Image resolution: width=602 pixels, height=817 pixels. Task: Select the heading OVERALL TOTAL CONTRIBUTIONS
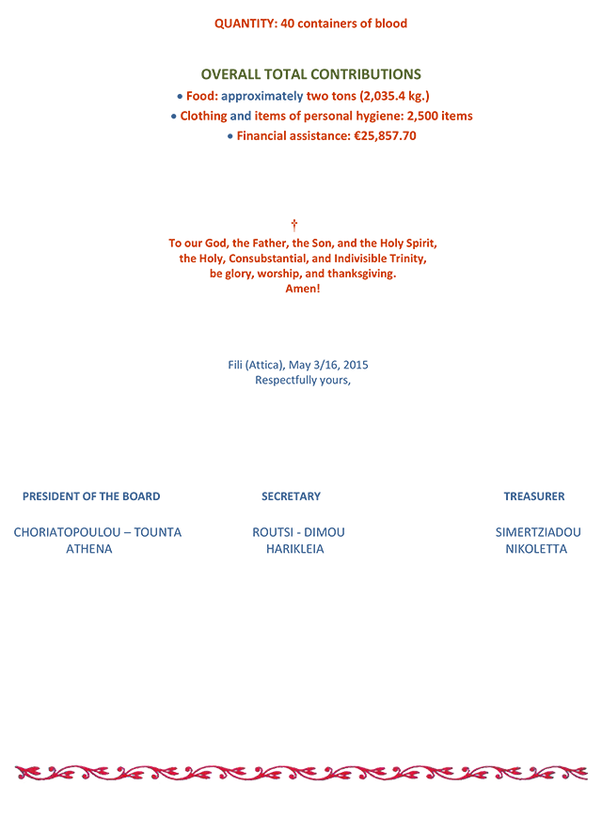click(x=311, y=74)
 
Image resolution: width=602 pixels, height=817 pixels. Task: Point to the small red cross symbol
click(x=294, y=225)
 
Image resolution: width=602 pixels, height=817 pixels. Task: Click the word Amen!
click(x=303, y=289)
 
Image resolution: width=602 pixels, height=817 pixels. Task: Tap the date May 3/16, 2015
click(x=328, y=365)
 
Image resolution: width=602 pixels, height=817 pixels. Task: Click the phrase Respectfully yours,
click(x=303, y=381)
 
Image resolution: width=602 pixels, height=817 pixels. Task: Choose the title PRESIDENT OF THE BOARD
click(x=91, y=496)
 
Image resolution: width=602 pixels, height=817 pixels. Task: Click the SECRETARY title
click(x=291, y=496)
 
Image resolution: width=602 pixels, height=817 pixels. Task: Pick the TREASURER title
click(x=534, y=496)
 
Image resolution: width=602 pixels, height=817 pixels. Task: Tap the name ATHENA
click(x=89, y=549)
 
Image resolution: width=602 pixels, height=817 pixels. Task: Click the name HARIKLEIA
click(x=295, y=549)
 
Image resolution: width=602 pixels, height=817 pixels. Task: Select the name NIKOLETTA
click(x=536, y=549)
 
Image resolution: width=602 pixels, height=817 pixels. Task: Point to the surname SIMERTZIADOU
click(x=538, y=532)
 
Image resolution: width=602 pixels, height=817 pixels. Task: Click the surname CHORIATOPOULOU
click(x=67, y=532)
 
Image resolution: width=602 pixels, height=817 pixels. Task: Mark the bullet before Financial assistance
click(x=230, y=136)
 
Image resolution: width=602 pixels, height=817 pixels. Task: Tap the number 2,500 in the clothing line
click(x=422, y=117)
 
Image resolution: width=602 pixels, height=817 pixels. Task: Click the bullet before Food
click(x=180, y=97)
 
